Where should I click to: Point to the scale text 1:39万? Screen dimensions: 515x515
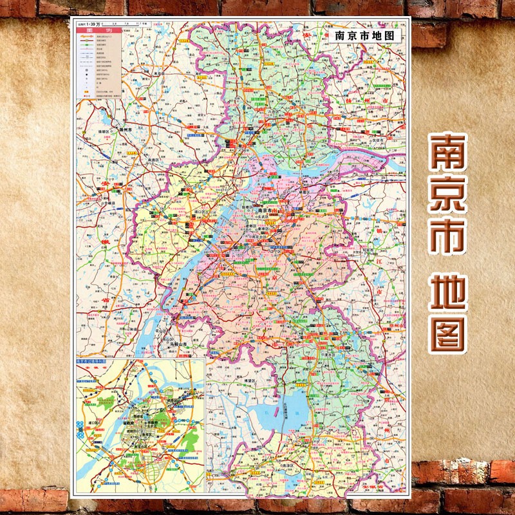click(x=102, y=24)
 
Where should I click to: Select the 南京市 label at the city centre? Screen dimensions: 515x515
click(x=267, y=210)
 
